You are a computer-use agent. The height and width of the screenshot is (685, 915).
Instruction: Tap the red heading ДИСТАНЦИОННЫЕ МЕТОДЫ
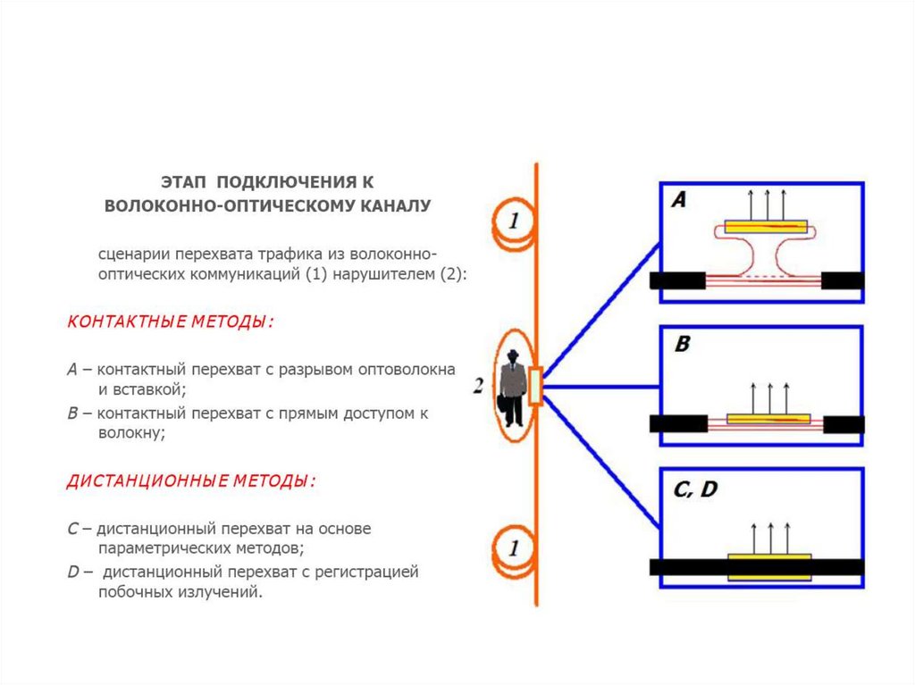pyautogui.click(x=191, y=481)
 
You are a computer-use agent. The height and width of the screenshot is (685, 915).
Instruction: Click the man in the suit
pyautogui.click(x=512, y=384)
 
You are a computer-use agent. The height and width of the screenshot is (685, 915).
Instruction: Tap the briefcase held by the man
pyautogui.click(x=506, y=410)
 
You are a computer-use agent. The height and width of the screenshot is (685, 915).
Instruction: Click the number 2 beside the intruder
pyautogui.click(x=479, y=386)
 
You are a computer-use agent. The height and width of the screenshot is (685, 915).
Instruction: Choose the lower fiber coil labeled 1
pyautogui.click(x=513, y=547)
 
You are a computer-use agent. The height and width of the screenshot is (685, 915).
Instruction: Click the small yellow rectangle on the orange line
pyautogui.click(x=535, y=387)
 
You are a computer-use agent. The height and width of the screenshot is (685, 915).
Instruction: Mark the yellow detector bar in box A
pyautogui.click(x=766, y=227)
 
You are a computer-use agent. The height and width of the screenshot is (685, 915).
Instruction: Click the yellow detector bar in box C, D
pyautogui.click(x=769, y=567)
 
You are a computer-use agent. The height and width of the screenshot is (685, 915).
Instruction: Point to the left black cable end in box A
pyautogui.click(x=678, y=280)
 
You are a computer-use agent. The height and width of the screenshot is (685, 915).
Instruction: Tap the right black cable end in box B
pyautogui.click(x=843, y=423)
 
